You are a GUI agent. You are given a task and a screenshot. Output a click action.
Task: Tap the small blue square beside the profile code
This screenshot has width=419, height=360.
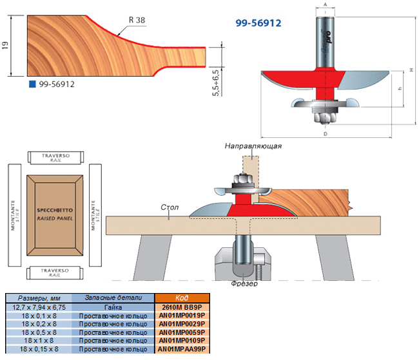pyautogui.click(x=30, y=84)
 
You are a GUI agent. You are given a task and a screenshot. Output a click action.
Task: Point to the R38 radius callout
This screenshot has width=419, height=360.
pyautogui.click(x=137, y=21)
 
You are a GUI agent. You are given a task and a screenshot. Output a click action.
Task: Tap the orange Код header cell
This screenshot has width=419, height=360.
pyautogui.click(x=180, y=298)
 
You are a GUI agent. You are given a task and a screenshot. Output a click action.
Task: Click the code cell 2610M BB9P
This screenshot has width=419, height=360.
pyautogui.click(x=180, y=307)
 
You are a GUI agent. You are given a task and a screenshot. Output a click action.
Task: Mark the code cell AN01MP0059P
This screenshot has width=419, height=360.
pyautogui.click(x=180, y=332)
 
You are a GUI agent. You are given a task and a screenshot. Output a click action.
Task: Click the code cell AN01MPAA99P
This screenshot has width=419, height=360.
pyautogui.click(x=180, y=348)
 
